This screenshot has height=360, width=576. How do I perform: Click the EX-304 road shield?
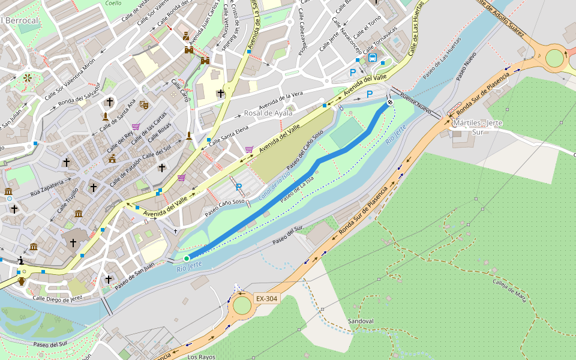point(267,298)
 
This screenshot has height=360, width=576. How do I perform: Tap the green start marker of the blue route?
point(187,258)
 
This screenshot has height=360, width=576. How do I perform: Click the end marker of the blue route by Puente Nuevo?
point(389,103)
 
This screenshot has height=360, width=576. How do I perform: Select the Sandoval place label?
point(361,322)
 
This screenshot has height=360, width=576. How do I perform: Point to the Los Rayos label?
point(201,356)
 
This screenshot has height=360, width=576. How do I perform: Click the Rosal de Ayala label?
point(268,113)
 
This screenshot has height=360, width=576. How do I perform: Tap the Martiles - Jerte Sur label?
point(478,127)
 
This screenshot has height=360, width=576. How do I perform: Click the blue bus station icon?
point(373,58)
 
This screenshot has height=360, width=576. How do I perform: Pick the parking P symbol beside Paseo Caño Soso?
point(239,187)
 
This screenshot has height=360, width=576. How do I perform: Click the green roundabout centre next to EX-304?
point(242,305)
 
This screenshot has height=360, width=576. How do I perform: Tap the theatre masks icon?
point(143,104)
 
